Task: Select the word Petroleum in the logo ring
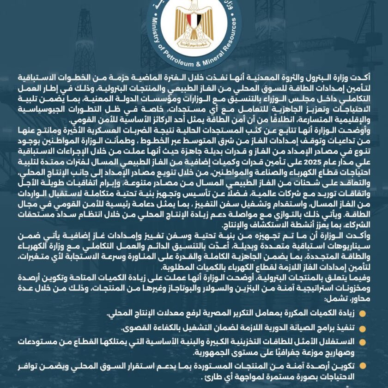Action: point(175,60)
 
